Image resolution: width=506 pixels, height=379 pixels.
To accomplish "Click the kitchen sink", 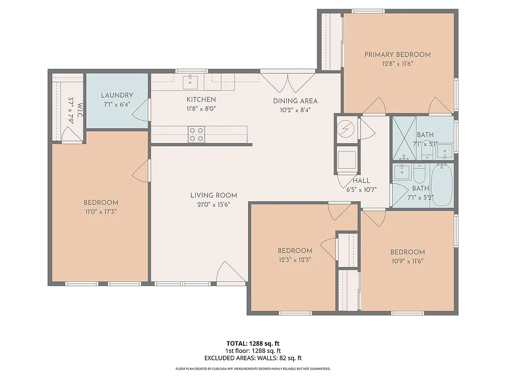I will (191, 80).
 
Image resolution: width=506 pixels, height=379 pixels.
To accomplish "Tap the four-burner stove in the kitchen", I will (196, 134).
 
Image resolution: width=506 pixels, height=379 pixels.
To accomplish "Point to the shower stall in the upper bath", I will (404, 138).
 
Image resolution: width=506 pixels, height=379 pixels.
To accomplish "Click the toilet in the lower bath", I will (419, 174).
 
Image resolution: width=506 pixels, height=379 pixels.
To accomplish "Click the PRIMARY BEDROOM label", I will (397, 55).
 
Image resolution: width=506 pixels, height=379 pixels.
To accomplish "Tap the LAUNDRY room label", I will (117, 95).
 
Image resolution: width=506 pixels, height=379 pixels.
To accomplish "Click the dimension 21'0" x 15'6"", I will (213, 204).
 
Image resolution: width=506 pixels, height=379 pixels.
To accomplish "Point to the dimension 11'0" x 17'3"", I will (100, 211).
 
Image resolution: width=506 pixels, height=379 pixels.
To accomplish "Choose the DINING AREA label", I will (295, 101).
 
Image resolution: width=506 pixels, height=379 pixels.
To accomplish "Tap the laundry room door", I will (143, 110).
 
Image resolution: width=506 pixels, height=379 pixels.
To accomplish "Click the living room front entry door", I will (230, 273).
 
